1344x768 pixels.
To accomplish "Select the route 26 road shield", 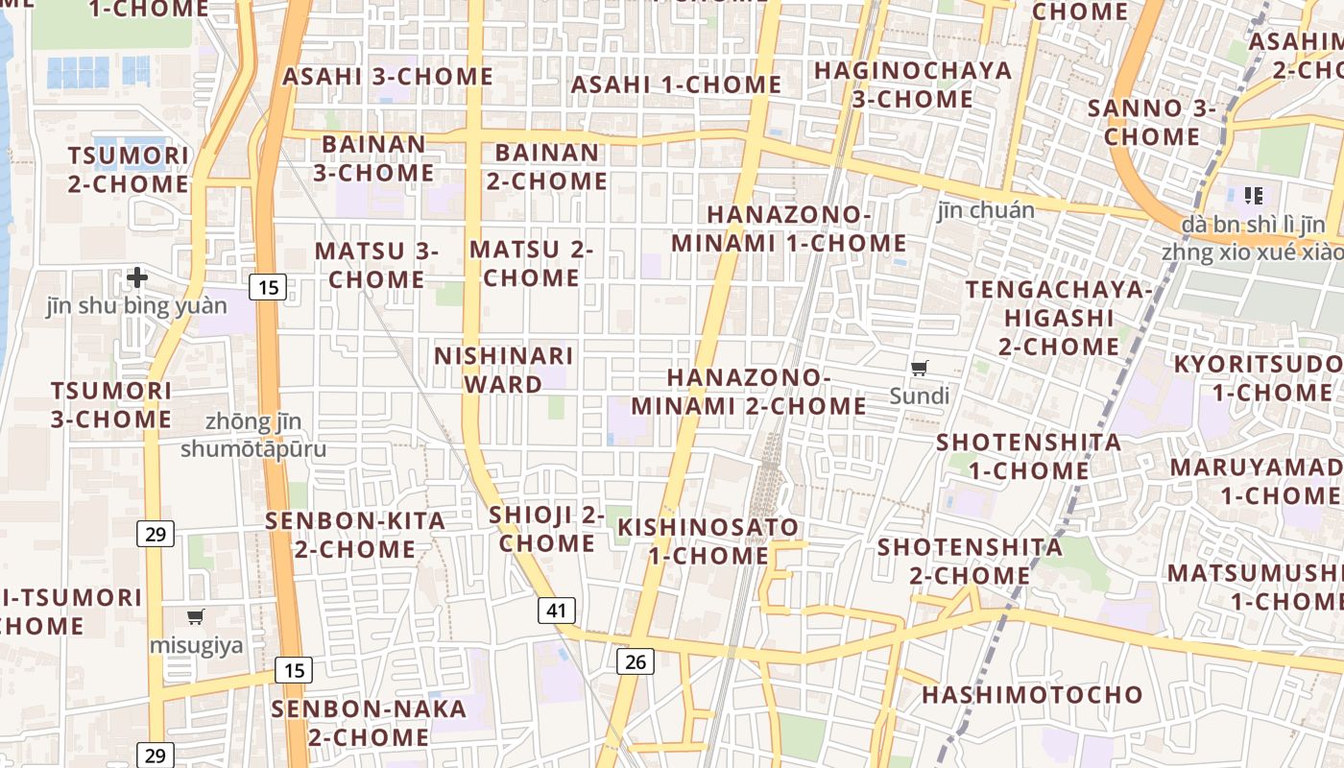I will [635, 660].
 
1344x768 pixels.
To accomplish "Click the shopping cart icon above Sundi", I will [920, 367].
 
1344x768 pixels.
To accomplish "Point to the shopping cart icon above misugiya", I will [196, 616].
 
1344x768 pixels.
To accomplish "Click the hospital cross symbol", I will [137, 277].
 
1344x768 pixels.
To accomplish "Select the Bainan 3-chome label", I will [373, 158].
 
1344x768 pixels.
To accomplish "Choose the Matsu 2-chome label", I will [531, 264].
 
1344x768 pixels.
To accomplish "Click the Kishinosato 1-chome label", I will [708, 541].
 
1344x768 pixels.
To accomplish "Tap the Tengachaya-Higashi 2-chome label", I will [1059, 318].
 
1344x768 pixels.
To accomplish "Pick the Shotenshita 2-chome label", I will [970, 562].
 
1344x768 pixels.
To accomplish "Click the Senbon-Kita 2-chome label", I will [355, 535].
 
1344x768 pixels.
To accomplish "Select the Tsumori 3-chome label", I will [111, 405].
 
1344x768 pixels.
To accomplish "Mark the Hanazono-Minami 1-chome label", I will [788, 228].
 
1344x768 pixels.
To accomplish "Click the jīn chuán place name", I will [986, 210].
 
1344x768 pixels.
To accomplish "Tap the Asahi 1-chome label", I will [676, 84].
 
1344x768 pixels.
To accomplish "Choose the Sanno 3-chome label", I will [1151, 122].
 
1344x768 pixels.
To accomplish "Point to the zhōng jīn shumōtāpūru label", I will [253, 435].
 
